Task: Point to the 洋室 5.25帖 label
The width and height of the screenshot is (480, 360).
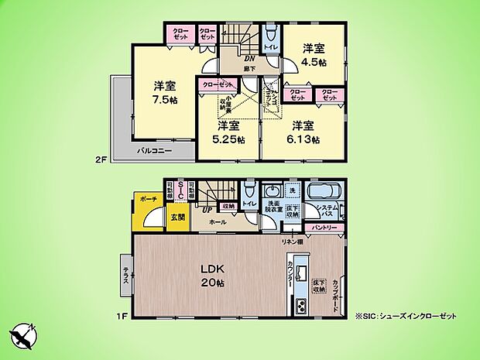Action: [x=229, y=132]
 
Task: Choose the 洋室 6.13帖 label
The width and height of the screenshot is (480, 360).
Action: [x=303, y=132]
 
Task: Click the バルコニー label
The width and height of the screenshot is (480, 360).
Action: [x=154, y=149]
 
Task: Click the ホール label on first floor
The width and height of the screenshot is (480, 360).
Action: [x=217, y=221]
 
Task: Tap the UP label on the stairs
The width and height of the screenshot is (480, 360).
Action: [x=207, y=210]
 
